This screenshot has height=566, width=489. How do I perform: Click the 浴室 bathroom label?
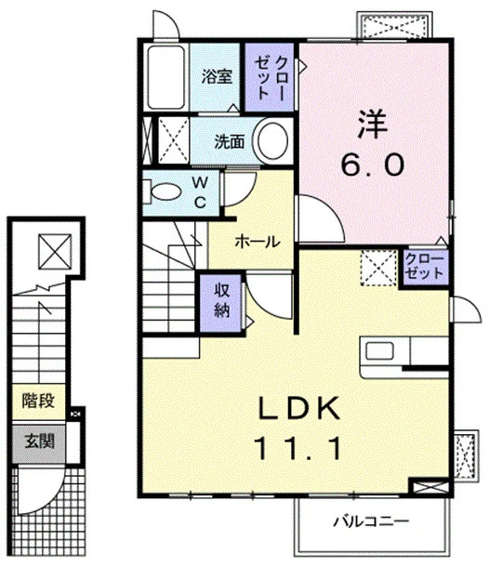tap(217, 76)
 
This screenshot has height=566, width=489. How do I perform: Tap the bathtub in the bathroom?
tap(165, 77)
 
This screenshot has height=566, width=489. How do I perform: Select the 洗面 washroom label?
tap(230, 141)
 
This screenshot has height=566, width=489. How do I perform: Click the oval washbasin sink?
tap(272, 141)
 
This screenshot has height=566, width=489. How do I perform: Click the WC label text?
tap(200, 192)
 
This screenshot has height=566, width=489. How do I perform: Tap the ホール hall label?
tap(258, 241)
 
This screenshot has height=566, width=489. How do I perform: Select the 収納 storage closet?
tap(220, 302)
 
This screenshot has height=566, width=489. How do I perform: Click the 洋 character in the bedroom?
tap(372, 124)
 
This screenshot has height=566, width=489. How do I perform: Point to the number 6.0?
tap(372, 165)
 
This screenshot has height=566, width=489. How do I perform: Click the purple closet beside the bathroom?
tap(269, 77)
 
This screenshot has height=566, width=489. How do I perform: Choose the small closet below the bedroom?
tap(425, 267)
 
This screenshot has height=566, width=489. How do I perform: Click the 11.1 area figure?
tap(297, 448)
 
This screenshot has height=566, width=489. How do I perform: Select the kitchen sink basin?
tap(379, 351)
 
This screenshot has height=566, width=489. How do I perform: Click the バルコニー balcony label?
tap(371, 521)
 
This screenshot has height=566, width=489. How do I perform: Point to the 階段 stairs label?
tap(38, 401)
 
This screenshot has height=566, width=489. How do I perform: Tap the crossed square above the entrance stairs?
tap(55, 252)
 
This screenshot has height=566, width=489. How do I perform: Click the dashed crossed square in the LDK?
tap(378, 269)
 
